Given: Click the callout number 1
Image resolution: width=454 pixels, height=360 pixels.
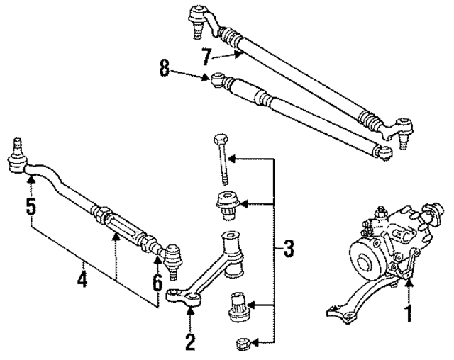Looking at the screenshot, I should coord(408,311).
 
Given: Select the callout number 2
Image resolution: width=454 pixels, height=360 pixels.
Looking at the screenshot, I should coord(189,342).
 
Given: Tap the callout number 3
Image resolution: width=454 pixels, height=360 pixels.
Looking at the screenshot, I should coord(288,249).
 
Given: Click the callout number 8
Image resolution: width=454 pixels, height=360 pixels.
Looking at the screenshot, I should coord(165,69).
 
